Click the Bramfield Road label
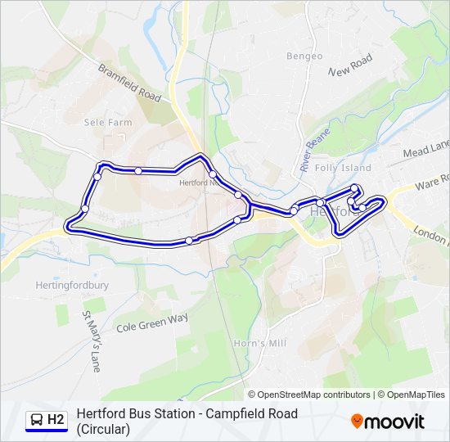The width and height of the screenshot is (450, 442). [x=129, y=83]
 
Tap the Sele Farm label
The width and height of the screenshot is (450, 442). [x=108, y=122]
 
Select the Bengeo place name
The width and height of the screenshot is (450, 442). [x=304, y=56]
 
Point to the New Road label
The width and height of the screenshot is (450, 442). [x=350, y=65]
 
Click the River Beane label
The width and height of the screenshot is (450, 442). [x=314, y=149]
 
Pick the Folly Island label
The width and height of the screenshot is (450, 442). [x=343, y=168]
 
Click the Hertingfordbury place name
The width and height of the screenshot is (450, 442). [x=73, y=286]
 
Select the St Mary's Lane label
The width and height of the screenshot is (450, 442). [x=90, y=341]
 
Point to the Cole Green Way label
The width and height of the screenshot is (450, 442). [x=152, y=322]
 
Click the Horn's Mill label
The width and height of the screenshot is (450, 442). [x=259, y=343]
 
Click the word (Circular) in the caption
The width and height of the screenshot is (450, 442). [x=103, y=429]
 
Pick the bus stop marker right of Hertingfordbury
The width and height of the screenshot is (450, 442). [x=189, y=240]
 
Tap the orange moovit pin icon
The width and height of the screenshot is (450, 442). [x=357, y=422]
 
